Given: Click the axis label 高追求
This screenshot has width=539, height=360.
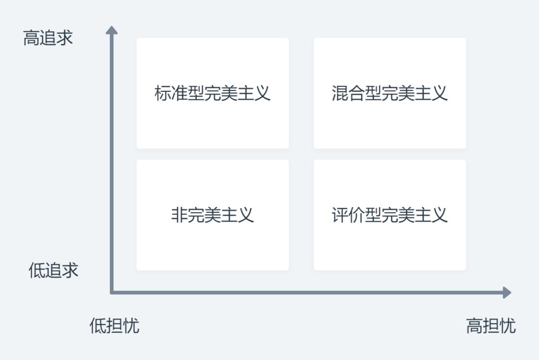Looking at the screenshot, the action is point(48,38).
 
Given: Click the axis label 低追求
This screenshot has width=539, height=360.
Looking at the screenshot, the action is point(53,270).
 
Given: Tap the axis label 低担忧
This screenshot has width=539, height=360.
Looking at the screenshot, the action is point(114,325).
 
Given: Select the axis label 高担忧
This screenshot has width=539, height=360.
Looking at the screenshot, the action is point(491,325).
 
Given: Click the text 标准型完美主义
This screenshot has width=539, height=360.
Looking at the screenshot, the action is point(213,93).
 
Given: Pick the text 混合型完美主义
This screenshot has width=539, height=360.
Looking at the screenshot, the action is point(390,93).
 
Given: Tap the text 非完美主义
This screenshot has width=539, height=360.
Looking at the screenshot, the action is point(213,215).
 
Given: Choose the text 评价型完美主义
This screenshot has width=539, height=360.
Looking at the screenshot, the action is point(390,215).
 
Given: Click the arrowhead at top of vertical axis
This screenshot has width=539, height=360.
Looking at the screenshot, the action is point(112,30).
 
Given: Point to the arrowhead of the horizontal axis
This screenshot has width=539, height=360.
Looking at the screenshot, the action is point(507,293).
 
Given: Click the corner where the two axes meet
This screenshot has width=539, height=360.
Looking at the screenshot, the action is point(112,293).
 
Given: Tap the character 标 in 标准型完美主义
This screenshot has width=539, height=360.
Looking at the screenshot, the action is point(163,93).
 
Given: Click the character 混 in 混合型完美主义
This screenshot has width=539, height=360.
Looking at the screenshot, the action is point(340,93).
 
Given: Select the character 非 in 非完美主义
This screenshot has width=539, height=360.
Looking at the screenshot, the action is point(179,215).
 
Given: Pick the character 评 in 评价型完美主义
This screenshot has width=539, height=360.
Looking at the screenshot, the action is point(340,215).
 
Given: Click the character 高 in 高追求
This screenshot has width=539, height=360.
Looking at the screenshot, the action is point(31,38).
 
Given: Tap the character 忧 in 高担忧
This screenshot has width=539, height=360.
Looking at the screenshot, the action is point(508,325).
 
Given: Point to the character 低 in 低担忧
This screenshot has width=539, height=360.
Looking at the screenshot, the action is point(98,325).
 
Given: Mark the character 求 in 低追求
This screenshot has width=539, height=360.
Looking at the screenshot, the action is point(70,270).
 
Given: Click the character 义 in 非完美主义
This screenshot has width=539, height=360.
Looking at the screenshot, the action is point(246,215).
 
